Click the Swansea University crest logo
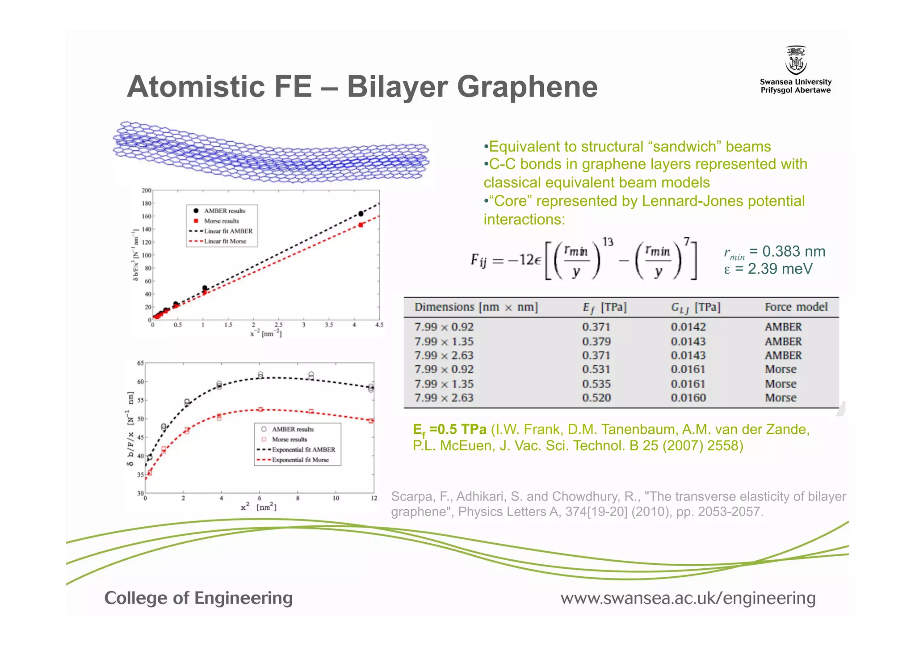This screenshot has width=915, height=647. pyautogui.click(x=796, y=61)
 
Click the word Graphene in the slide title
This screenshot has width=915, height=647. pyautogui.click(x=527, y=87)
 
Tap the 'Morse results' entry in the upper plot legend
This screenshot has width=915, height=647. pyautogui.click(x=221, y=221)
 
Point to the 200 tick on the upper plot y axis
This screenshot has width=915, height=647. pyautogui.click(x=147, y=190)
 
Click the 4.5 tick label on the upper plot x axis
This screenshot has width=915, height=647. pyautogui.click(x=379, y=325)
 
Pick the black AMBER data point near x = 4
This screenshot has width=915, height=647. pyautogui.click(x=361, y=214)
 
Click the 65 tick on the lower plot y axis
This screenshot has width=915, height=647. pyautogui.click(x=140, y=363)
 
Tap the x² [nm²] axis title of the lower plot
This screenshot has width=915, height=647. pyautogui.click(x=259, y=507)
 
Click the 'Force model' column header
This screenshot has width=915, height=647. pyautogui.click(x=796, y=307)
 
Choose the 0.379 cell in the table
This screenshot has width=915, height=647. pyautogui.click(x=596, y=342)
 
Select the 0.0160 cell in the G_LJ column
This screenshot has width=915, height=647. pyautogui.click(x=688, y=398)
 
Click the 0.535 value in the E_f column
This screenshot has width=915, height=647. pyautogui.click(x=596, y=384)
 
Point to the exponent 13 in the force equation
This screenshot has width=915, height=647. pyautogui.click(x=608, y=242)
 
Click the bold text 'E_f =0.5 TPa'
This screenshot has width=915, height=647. pyautogui.click(x=449, y=430)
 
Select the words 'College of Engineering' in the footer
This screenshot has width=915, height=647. pyautogui.click(x=198, y=598)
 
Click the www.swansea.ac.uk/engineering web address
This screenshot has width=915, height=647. pyautogui.click(x=688, y=598)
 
